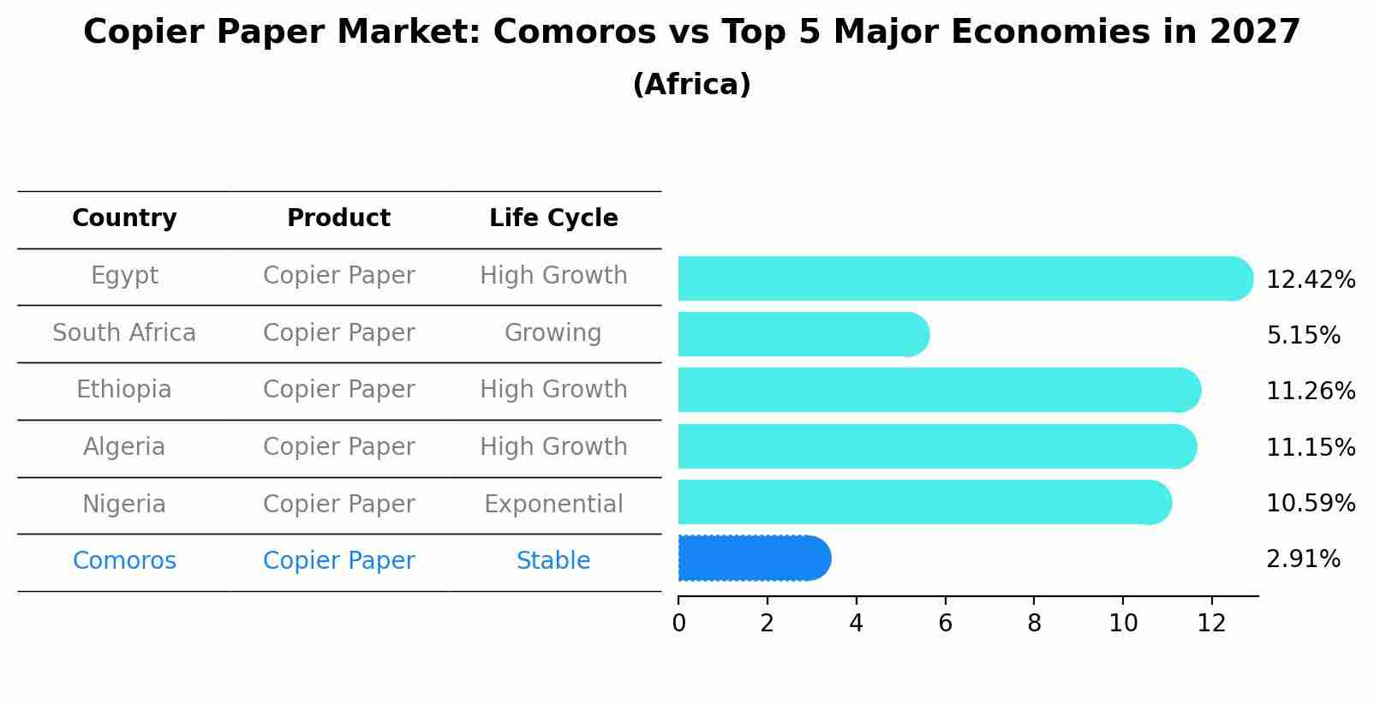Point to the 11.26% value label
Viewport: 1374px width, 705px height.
tap(1310, 391)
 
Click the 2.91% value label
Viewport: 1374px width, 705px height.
tap(1302, 559)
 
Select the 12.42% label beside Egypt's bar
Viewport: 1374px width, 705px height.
tap(1310, 280)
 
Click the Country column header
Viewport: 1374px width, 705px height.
tap(124, 218)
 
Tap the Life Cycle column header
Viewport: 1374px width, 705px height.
tap(553, 218)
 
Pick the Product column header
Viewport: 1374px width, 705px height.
tap(338, 218)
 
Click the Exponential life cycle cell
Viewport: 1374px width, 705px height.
tap(553, 505)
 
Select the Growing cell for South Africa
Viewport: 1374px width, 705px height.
tap(553, 333)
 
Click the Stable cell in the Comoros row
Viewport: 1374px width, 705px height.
tap(553, 561)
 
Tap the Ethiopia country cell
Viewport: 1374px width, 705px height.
tap(124, 390)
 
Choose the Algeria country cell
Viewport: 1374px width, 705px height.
tap(124, 447)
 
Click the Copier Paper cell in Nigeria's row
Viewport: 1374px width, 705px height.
tap(338, 505)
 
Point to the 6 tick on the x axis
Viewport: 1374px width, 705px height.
tap(945, 624)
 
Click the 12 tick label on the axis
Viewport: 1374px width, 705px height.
tap(1211, 624)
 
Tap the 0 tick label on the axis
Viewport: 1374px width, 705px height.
tap(678, 624)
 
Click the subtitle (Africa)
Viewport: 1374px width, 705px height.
tap(691, 85)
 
